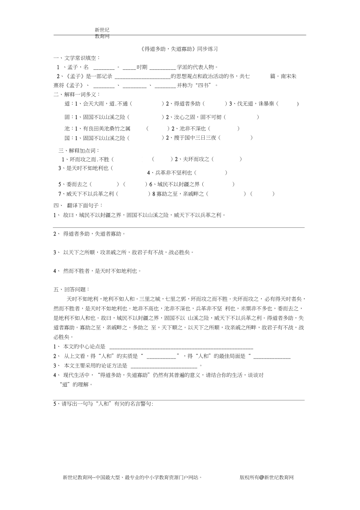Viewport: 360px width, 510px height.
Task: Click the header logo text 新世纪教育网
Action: pyautogui.click(x=102, y=33)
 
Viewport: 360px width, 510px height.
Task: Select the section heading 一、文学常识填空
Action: pyautogui.click(x=77, y=58)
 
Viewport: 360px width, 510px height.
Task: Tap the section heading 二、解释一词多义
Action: pyautogui.click(x=77, y=94)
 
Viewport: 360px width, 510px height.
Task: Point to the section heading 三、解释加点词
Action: pyautogui.click(x=79, y=150)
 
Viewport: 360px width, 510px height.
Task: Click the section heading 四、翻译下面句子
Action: pyautogui.click(x=78, y=205)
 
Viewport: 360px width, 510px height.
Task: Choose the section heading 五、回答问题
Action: pyautogui.click(x=72, y=289)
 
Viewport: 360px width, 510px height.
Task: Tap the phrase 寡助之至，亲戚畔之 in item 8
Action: pyautogui.click(x=180, y=194)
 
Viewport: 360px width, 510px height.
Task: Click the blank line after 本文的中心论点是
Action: pyautogui.click(x=181, y=347)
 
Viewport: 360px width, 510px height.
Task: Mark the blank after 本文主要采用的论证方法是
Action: pyautogui.click(x=164, y=366)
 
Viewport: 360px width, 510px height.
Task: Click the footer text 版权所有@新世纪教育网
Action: pyautogui.click(x=266, y=478)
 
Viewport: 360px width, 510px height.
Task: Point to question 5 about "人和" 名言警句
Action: pyautogui.click(x=103, y=404)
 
